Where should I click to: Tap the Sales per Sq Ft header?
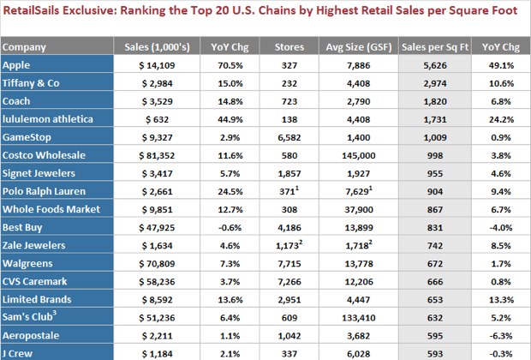tap(433, 47)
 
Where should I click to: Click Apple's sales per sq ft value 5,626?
tap(433, 64)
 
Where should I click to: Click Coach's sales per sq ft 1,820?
tap(433, 100)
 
